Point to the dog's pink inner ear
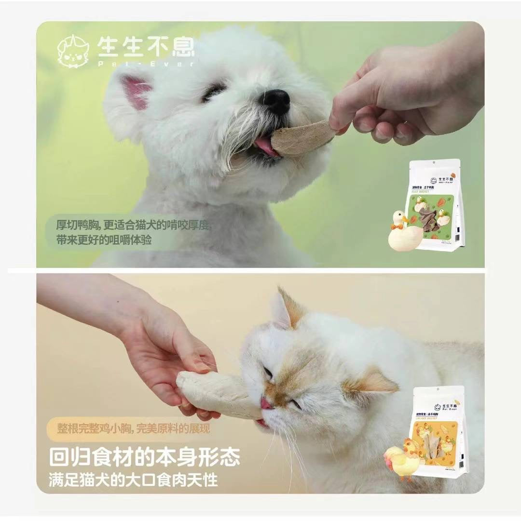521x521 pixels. click(136, 91)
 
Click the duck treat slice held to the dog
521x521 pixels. click(302, 137)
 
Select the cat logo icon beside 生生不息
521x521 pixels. click(73, 51)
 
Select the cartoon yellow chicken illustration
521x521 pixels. click(402, 461)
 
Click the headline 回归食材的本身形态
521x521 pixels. click(144, 457)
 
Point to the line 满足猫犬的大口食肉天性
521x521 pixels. click(133, 480)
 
